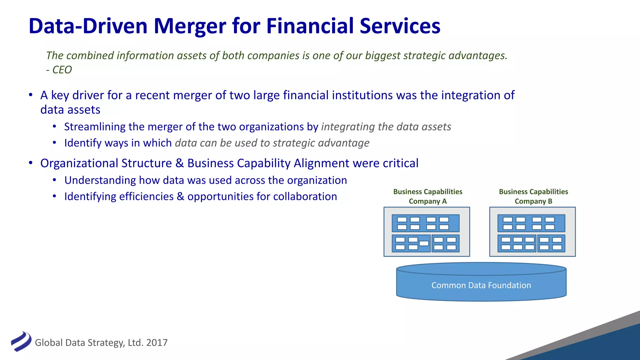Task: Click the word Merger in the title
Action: (190, 26)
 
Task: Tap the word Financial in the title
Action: (310, 26)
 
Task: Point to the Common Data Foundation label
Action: (481, 285)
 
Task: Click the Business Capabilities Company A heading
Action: (427, 196)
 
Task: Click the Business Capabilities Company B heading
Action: (533, 196)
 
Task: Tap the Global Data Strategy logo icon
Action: (21, 342)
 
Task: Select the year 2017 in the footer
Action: (157, 343)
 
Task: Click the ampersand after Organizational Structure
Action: (179, 163)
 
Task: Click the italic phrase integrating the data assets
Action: (386, 127)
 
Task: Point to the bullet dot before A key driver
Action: (31, 95)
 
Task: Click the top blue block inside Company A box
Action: (425, 223)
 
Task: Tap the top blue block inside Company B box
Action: (531, 223)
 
